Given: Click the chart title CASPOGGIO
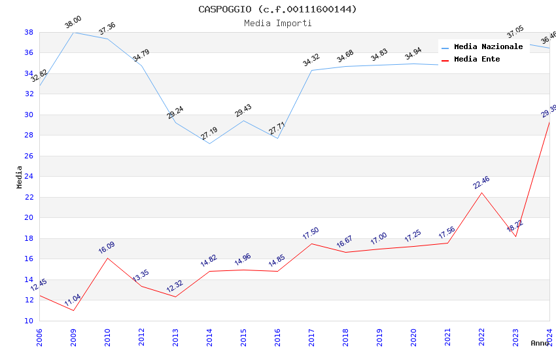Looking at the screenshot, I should point(277,9).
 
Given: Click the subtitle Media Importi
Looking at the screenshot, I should point(277,23).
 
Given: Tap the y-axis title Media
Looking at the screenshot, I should point(20,177).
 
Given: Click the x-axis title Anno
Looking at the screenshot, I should point(540,343).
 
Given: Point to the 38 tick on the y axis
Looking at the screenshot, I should point(29,32).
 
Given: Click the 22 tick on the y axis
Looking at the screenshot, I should point(29,197).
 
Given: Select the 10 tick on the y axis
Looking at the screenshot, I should point(29,321).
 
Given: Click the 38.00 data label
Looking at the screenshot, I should point(73,24).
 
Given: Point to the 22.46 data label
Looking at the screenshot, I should point(481,182).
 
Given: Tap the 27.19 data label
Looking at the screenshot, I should point(209,134).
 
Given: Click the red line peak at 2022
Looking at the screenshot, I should point(481,192).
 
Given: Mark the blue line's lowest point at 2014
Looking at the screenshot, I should point(209,143).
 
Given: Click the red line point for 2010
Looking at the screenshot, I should point(107,258).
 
